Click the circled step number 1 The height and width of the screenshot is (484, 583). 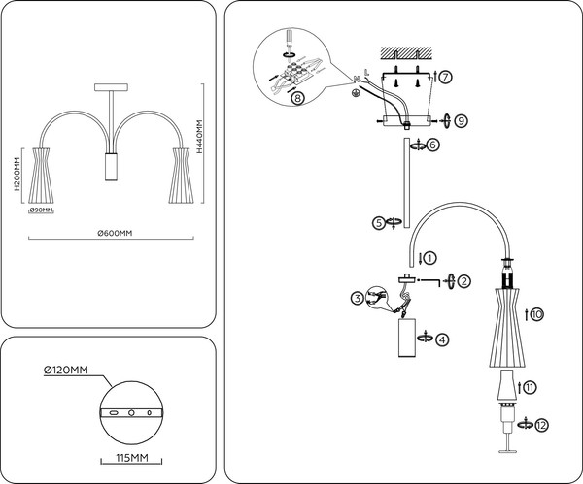(x=429, y=258)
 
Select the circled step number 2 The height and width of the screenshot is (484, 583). (x=464, y=281)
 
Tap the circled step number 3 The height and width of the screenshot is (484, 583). (x=358, y=298)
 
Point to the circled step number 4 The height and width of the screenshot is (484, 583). (x=442, y=339)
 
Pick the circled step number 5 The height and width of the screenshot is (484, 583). (x=379, y=222)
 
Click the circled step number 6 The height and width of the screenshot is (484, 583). (x=432, y=145)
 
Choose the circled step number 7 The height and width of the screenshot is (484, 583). (x=444, y=76)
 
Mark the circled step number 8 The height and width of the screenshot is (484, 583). (x=297, y=97)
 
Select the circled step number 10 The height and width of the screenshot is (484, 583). (x=536, y=313)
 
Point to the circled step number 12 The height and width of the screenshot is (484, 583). (x=541, y=424)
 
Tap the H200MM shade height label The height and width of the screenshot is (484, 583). (x=19, y=177)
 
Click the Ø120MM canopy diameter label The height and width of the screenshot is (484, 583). (x=65, y=370)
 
